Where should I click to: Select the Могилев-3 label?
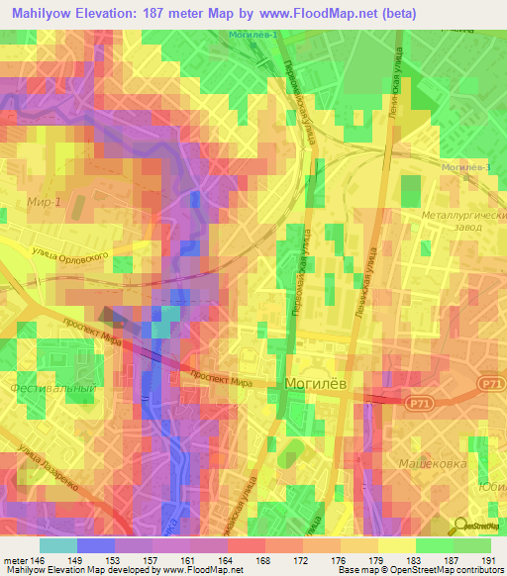point(467,167)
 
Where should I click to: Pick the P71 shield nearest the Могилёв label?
point(417,401)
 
